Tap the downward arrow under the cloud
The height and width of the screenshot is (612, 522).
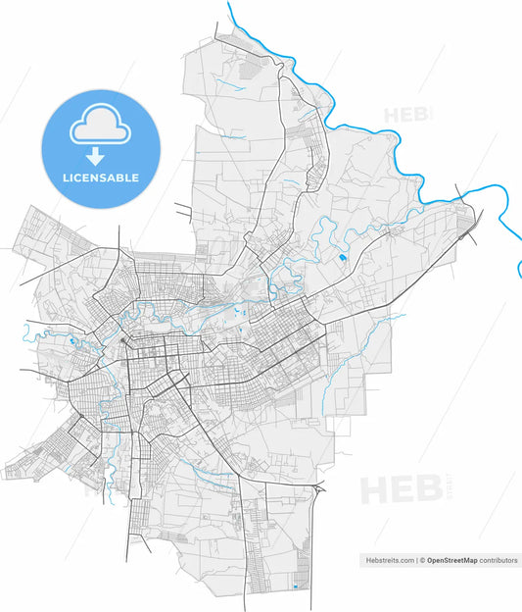coord(95,155)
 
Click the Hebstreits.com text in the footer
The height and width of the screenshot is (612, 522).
coord(389,560)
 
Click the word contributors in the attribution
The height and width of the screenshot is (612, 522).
coord(498,560)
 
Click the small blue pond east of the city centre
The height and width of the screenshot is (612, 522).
coord(342,259)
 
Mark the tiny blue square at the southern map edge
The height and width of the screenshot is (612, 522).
coord(295,587)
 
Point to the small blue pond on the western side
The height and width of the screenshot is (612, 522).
coord(72,342)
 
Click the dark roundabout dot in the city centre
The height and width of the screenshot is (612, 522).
coord(120,341)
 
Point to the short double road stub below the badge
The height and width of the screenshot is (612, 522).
coord(183,209)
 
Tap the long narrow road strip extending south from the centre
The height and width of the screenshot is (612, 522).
coord(128,510)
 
